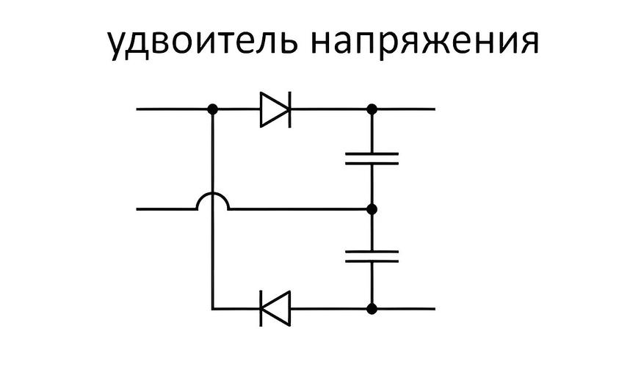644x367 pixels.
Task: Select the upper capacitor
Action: click(372, 159)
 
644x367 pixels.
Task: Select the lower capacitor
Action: click(372, 256)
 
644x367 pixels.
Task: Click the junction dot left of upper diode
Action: click(212, 109)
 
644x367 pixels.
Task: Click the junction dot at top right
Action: click(372, 109)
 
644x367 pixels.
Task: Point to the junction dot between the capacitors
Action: click(372, 209)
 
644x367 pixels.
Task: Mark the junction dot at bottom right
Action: click(372, 308)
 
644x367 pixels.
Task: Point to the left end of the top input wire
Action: click(138, 109)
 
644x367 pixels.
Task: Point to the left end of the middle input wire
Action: click(138, 209)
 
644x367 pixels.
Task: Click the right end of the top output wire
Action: click(433, 109)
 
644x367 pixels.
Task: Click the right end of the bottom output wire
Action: click(433, 308)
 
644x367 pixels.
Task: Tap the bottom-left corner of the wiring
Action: click(212, 308)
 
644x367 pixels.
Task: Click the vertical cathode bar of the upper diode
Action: click(289, 109)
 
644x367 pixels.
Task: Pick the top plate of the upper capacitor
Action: click(372, 154)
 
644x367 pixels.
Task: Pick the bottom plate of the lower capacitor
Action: click(372, 261)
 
